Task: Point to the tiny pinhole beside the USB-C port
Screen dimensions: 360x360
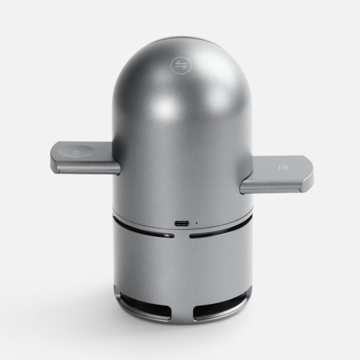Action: [x=196, y=223]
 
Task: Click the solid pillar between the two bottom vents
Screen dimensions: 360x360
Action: [x=181, y=308]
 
